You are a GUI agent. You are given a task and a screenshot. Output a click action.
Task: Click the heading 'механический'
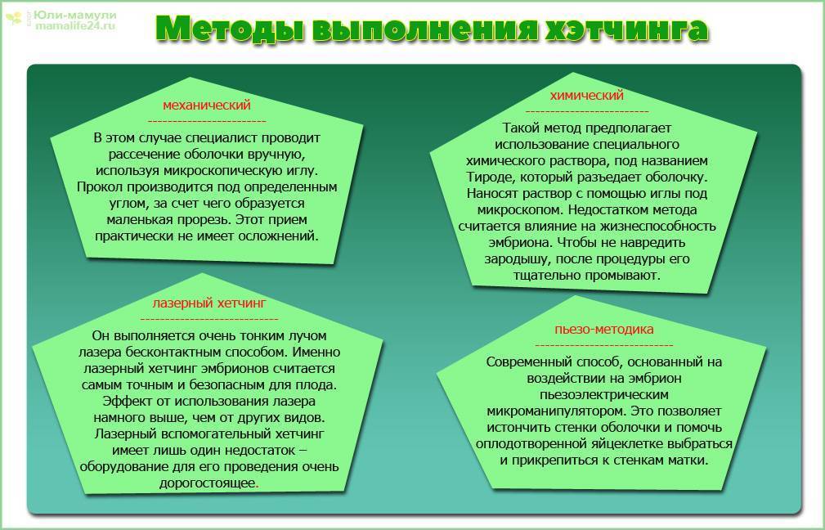[206, 106]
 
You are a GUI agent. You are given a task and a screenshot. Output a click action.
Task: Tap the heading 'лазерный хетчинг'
[209, 303]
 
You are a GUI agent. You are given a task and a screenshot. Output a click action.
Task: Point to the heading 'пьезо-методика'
[603, 330]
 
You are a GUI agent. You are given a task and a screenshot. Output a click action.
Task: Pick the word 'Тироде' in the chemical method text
[488, 177]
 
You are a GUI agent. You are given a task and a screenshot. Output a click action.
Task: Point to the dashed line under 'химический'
[587, 111]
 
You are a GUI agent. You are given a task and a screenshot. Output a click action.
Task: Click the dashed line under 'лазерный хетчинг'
[209, 318]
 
